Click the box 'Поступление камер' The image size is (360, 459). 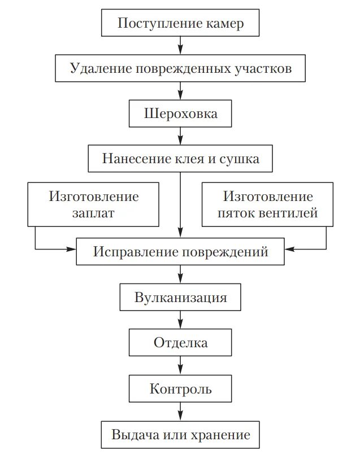pos(180,24)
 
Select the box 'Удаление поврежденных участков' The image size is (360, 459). pos(180,68)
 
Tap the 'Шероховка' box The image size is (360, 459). pos(180,113)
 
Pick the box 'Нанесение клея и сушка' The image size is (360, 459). pos(180,159)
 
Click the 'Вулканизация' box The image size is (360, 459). pos(180,298)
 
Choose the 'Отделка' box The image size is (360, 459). pos(180,343)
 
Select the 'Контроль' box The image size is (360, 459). pos(180,388)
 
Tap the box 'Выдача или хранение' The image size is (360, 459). pos(180,435)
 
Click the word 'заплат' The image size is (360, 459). pos(93,213)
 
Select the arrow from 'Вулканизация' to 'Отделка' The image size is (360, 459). pos(180,320)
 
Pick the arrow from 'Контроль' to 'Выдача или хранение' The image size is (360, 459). pos(180,411)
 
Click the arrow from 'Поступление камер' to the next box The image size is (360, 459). pos(180,45)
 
